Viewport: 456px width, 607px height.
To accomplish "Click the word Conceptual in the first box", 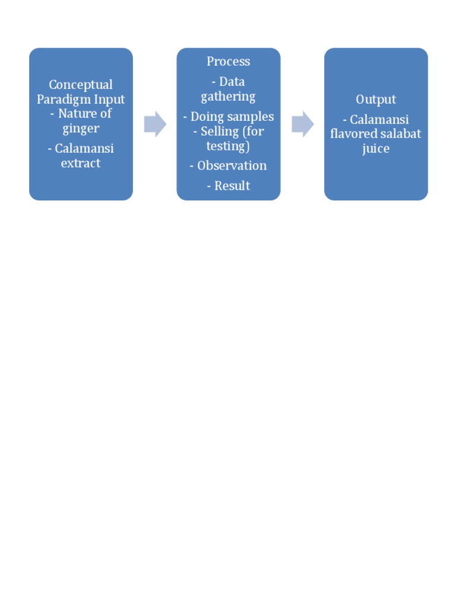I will (x=81, y=85).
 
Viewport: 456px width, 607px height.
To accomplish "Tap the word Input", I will (x=109, y=99).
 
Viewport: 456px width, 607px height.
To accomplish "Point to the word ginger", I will (x=81, y=129).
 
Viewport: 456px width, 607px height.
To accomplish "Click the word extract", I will (x=81, y=163).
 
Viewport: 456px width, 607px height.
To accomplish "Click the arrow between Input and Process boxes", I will (x=155, y=124).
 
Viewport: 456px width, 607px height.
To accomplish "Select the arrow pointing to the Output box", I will (x=302, y=124).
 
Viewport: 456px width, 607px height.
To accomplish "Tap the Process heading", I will (x=228, y=61).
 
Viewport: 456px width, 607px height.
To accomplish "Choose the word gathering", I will (x=228, y=97).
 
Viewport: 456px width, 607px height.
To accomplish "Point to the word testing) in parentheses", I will (x=228, y=146).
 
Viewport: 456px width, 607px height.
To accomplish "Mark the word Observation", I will (x=232, y=165).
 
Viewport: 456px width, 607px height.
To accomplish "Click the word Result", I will (x=232, y=186).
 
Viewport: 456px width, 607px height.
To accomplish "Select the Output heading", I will (x=376, y=99).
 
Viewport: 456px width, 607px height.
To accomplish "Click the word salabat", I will (x=400, y=134).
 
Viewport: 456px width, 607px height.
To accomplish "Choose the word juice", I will (x=376, y=148).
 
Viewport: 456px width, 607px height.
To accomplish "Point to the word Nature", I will (x=76, y=114).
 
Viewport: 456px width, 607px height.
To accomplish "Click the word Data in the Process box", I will (x=232, y=82).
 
